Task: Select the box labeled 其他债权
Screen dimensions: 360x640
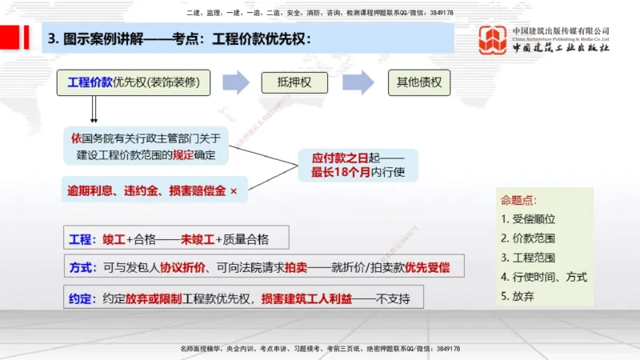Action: (x=418, y=82)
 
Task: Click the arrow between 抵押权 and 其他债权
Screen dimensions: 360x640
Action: (x=358, y=82)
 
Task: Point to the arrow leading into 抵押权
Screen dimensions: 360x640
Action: (x=236, y=82)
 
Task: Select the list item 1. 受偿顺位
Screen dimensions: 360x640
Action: (x=528, y=218)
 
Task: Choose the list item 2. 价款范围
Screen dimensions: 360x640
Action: (x=528, y=238)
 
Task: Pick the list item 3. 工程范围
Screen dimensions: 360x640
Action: (x=528, y=258)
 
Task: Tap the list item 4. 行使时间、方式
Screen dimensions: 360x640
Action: (x=544, y=277)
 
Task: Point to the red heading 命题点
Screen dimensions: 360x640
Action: (x=518, y=199)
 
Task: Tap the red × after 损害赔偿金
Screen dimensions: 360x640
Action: (x=234, y=191)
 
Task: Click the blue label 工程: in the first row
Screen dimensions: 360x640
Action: (x=82, y=238)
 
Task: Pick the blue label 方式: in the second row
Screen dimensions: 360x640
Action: (x=82, y=267)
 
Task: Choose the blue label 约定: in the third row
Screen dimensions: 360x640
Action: (x=82, y=298)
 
